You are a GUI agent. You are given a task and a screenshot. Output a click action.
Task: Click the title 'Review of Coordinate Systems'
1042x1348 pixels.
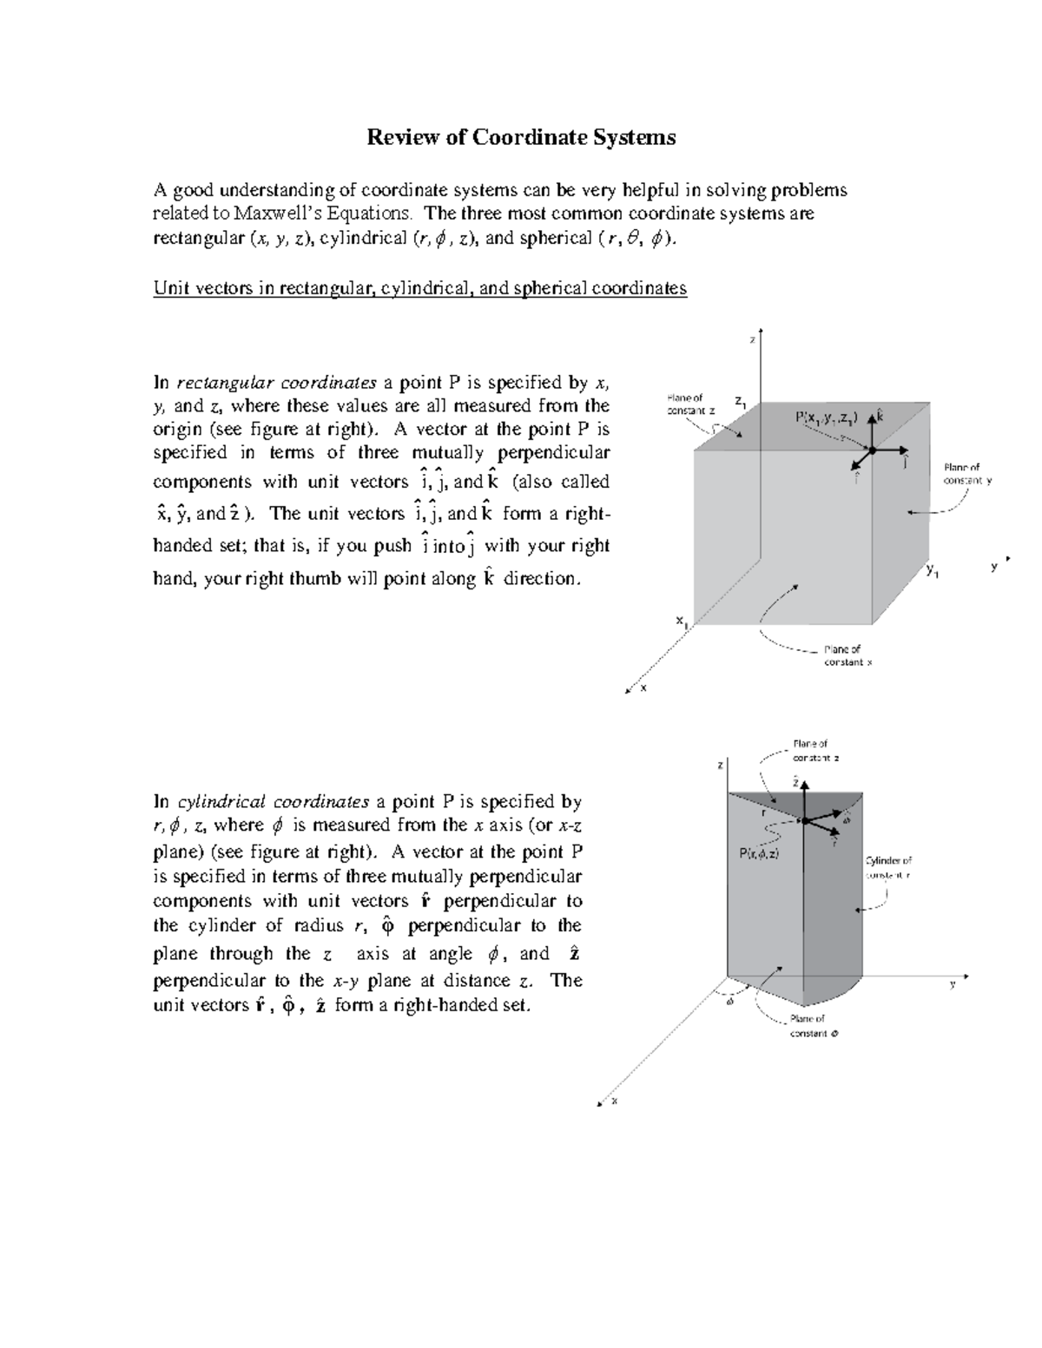coord(520,137)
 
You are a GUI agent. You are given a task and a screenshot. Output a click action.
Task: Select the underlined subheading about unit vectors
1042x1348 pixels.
coord(419,287)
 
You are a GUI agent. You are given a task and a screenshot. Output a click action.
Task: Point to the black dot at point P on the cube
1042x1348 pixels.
coord(871,449)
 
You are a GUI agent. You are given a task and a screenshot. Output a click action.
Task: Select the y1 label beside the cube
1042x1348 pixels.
coord(932,570)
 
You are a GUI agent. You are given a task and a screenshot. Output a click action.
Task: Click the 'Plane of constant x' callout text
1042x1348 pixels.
coord(847,655)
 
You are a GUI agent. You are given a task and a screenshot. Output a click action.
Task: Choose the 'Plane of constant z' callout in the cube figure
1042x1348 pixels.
coord(691,404)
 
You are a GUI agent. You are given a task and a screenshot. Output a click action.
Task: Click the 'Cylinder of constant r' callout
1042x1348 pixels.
coord(887,867)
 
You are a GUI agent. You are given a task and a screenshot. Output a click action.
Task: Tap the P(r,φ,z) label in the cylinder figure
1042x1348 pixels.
coord(759,853)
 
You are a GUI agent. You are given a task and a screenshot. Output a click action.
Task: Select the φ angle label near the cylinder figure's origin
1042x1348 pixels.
coord(729,1000)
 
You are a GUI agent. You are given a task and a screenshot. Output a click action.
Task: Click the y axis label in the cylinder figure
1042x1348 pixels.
coord(952,983)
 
